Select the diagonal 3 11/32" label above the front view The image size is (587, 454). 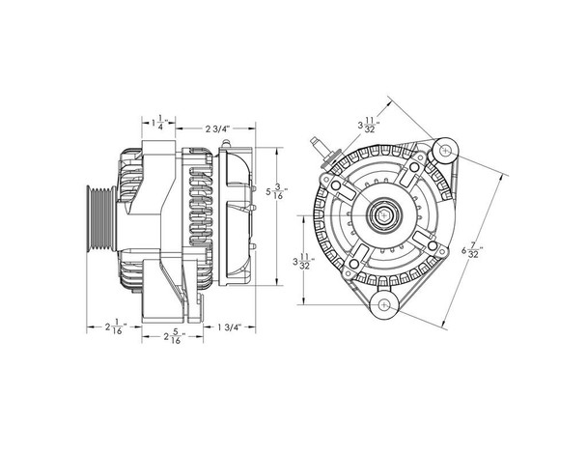[x=367, y=125]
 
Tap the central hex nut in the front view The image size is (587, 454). [x=385, y=214]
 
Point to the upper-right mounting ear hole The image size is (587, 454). [x=445, y=150]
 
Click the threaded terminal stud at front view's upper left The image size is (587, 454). [x=319, y=148]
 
